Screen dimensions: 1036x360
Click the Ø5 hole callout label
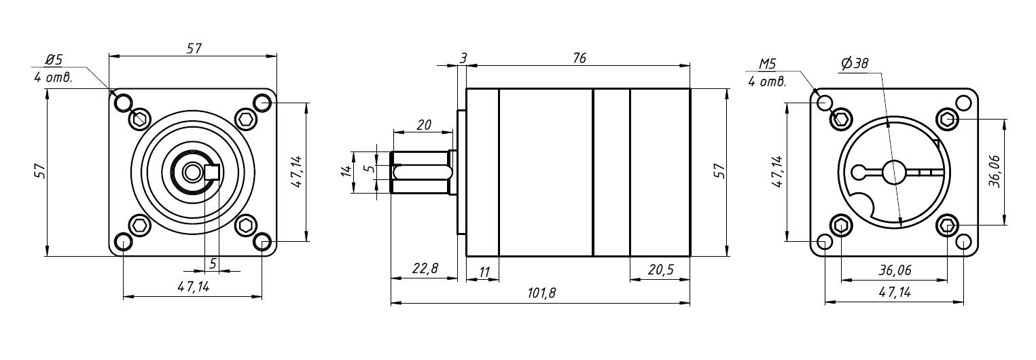[x=54, y=60]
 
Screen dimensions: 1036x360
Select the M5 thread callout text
[x=767, y=64]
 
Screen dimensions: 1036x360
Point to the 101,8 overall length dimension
[x=541, y=293]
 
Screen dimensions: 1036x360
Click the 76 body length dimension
[x=579, y=58]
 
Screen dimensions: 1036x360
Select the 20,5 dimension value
[x=660, y=269]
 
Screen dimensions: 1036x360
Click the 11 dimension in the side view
[x=484, y=272]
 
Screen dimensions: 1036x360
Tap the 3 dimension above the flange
[x=463, y=58]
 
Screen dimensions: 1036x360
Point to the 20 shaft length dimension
[x=424, y=125]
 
